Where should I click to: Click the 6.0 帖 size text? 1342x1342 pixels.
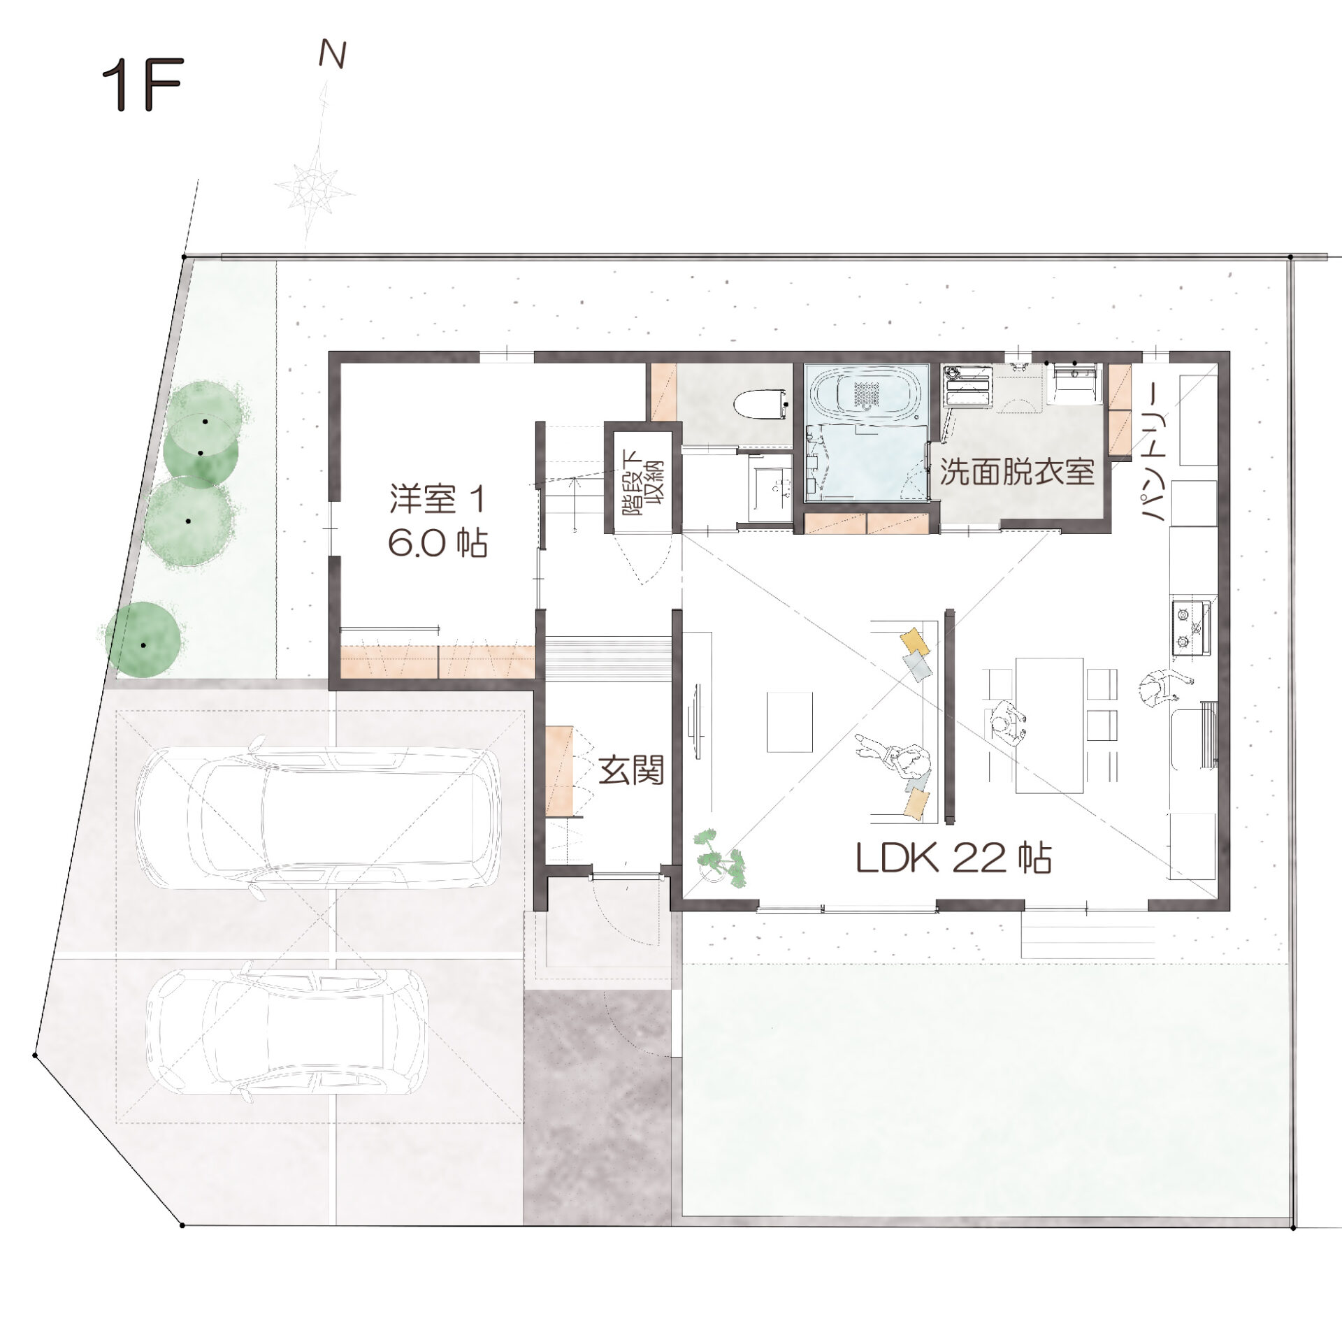(x=438, y=543)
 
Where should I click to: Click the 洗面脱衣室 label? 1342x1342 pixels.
(x=1017, y=472)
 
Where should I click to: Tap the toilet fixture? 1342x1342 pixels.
(x=762, y=403)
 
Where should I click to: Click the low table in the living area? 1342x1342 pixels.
(x=790, y=721)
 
